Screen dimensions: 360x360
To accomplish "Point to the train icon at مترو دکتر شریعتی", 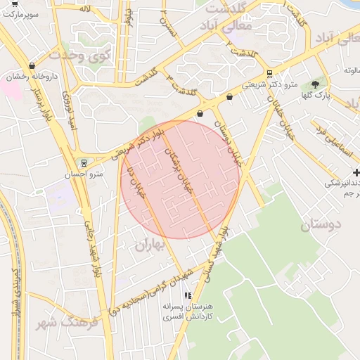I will (x=269, y=74).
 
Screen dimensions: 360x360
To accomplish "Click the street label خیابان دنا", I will (x=135, y=183).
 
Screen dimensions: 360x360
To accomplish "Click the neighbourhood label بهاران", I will (x=149, y=245).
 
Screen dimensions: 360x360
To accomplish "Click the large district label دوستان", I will (x=320, y=225).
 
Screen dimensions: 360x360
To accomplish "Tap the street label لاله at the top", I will (x=85, y=8).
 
